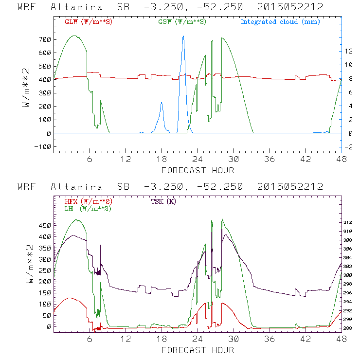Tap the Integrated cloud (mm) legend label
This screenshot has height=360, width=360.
point(280,22)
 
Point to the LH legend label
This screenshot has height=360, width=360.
point(88,208)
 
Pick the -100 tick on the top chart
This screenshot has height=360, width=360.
point(43,146)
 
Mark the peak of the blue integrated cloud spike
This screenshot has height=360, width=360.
point(183,36)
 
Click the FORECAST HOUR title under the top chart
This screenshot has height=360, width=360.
point(198,170)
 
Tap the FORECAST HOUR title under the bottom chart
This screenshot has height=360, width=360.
point(198,350)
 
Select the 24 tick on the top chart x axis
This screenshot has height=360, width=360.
point(198,159)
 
